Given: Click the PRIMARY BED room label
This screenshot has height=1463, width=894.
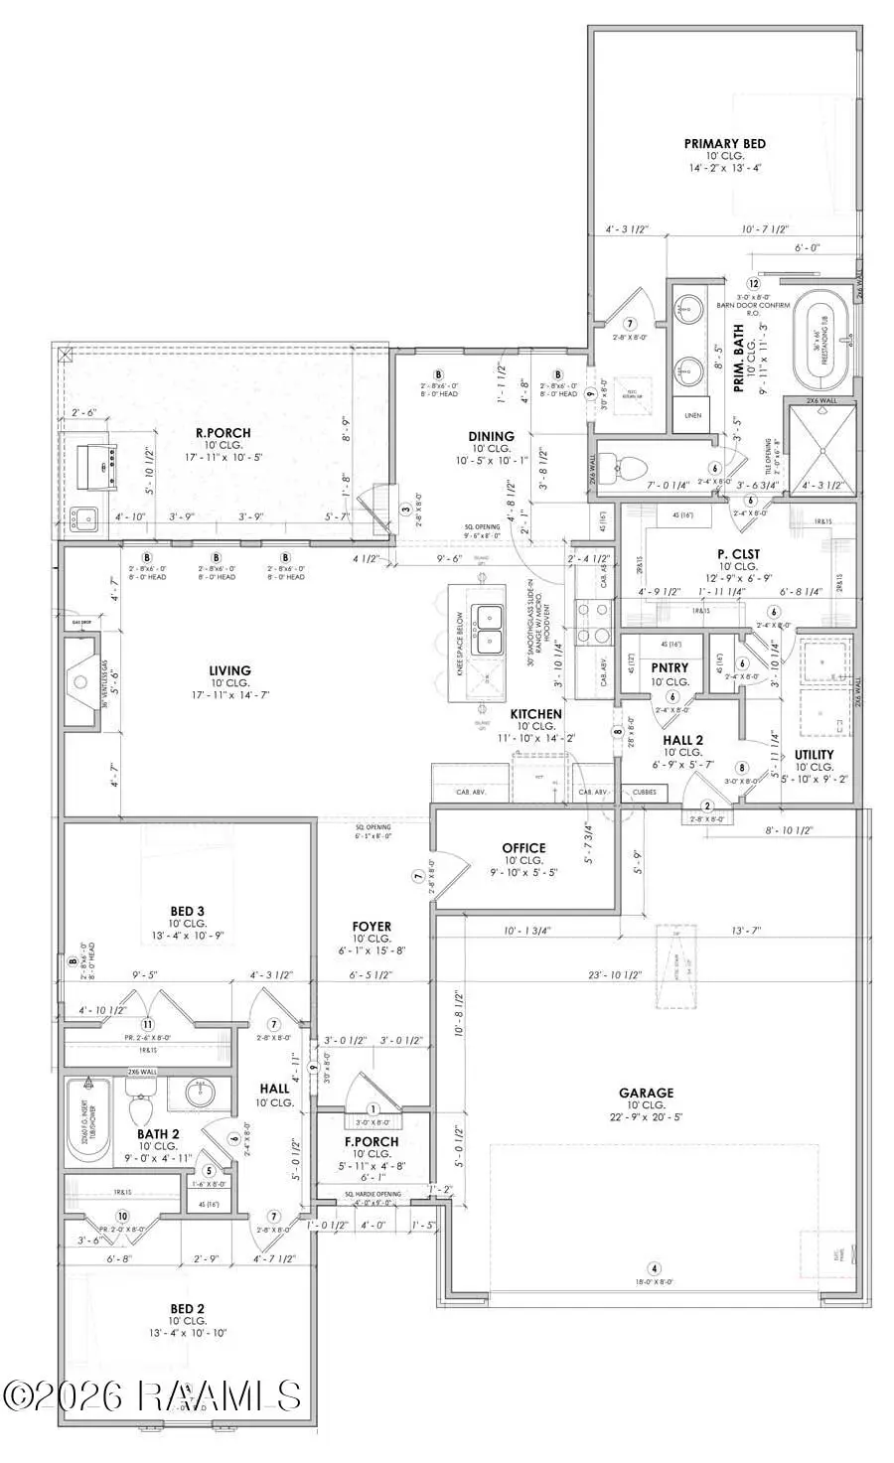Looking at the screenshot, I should (x=724, y=144).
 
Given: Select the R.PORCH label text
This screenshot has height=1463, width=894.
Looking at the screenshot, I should (x=223, y=433).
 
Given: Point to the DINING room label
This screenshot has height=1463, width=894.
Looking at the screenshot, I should (x=491, y=436).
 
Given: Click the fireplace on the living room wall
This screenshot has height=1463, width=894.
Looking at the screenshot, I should (x=82, y=682).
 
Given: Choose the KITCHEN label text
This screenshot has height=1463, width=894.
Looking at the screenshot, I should (x=536, y=714).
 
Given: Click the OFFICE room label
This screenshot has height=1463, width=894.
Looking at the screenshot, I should (x=523, y=848).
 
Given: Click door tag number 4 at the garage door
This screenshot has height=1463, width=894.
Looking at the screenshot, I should (x=654, y=1268).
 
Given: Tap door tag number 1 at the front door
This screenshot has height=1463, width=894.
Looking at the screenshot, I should (x=373, y=1108).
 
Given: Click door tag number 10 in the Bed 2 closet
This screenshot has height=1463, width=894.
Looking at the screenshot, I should (x=122, y=1216).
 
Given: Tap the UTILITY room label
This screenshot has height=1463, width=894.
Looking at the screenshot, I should (x=814, y=755).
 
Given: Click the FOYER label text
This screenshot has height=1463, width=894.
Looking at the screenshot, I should (x=372, y=926).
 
